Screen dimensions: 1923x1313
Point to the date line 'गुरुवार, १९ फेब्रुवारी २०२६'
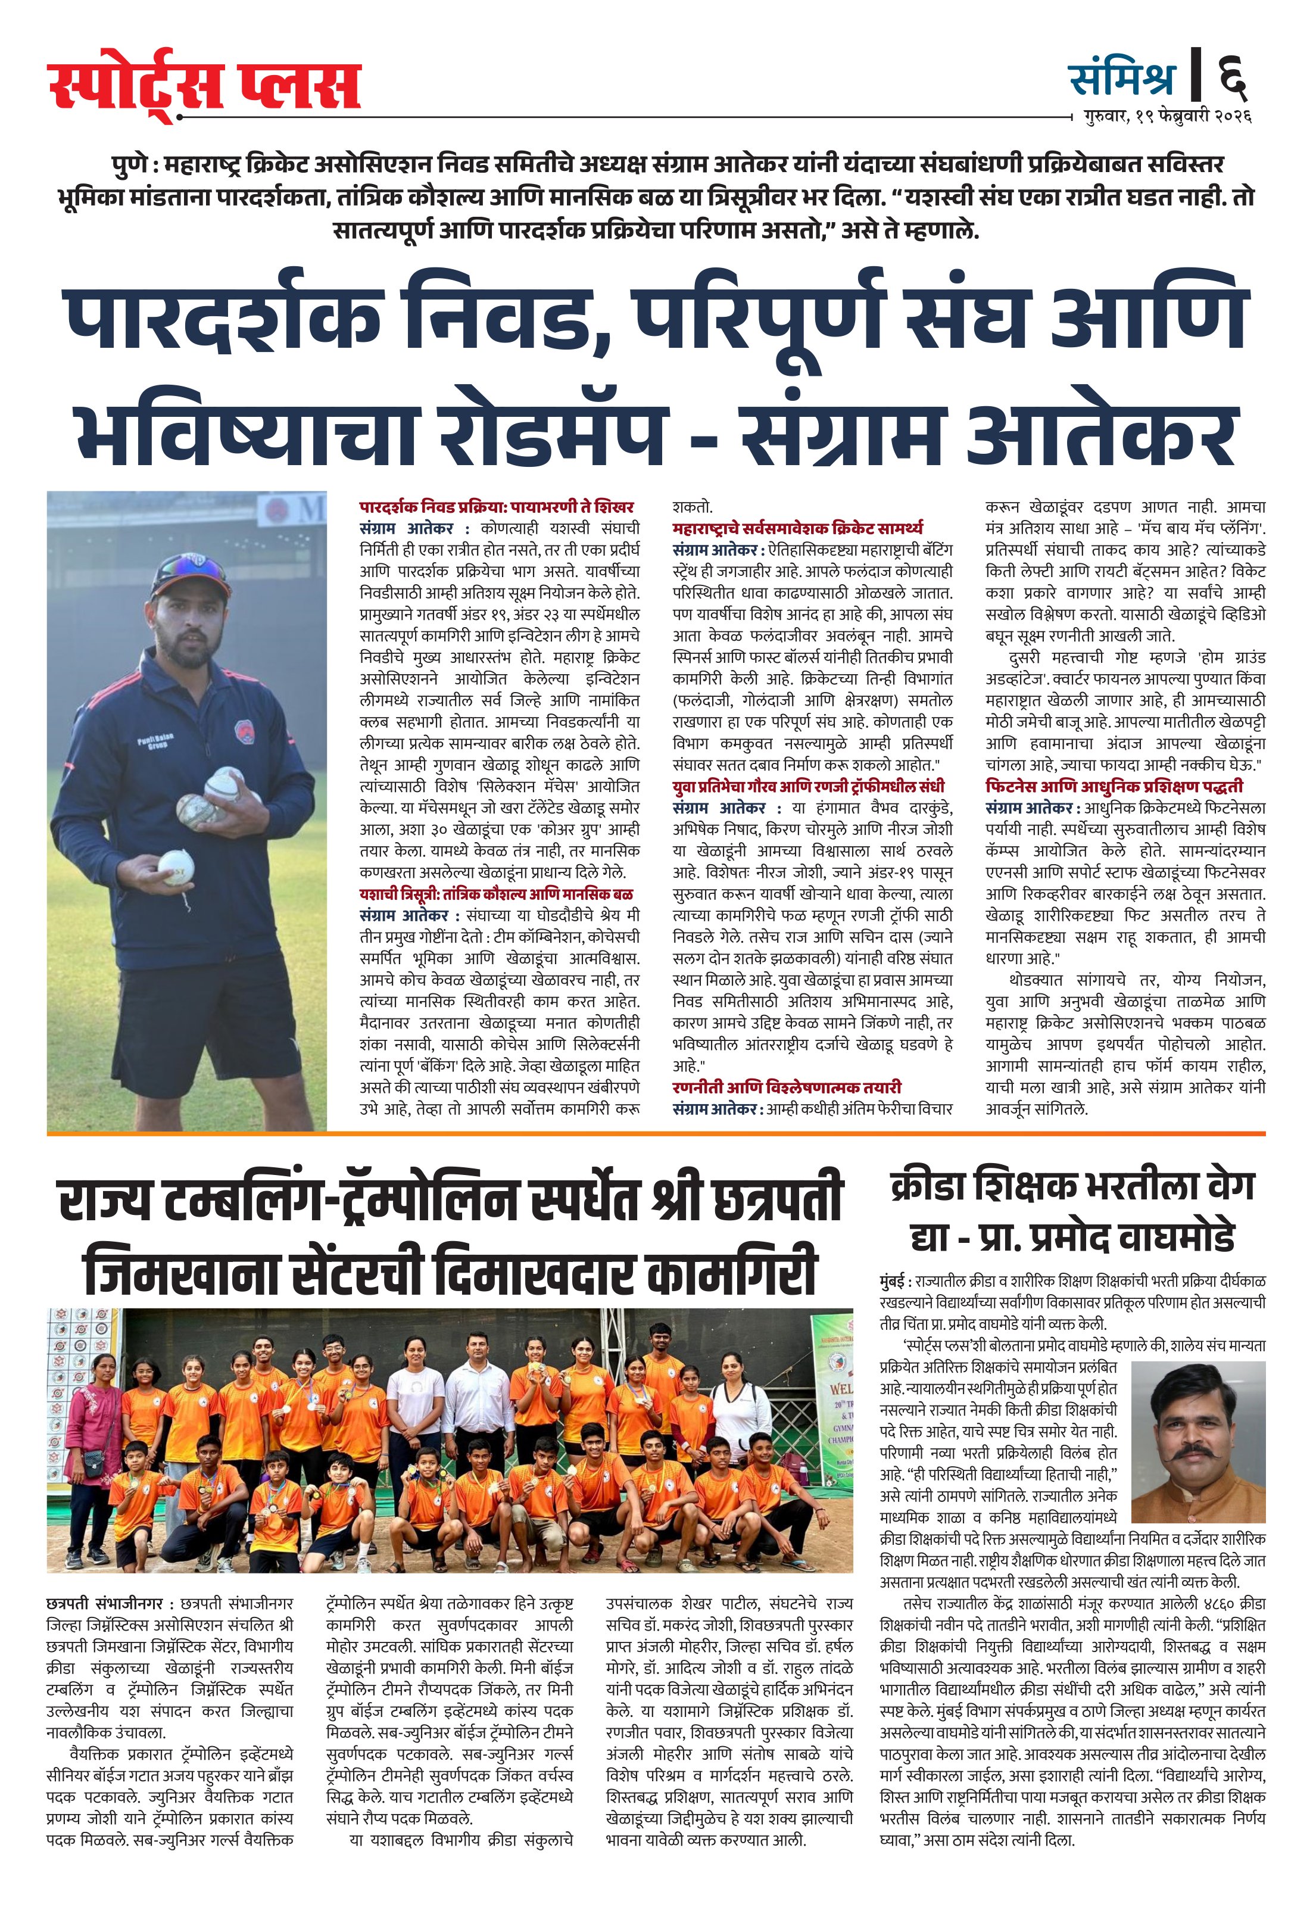pos(1167,117)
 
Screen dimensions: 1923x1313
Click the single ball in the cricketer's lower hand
pos(176,865)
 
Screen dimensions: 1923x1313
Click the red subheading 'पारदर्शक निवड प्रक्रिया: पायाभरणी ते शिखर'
pos(497,506)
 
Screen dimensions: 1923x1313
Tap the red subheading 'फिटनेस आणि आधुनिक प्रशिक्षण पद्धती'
pos(1114,786)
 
